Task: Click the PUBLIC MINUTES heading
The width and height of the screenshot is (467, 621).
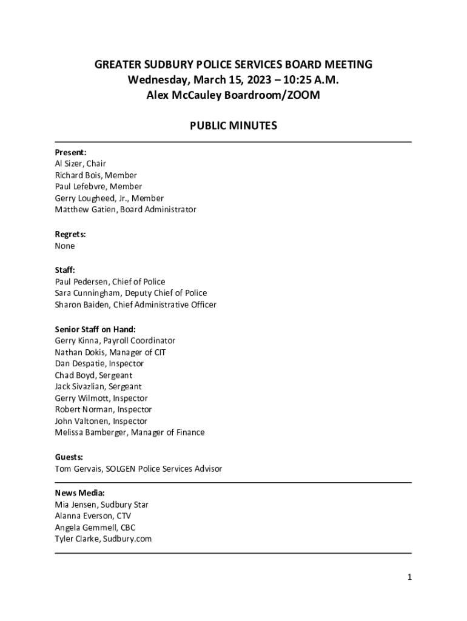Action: (233, 126)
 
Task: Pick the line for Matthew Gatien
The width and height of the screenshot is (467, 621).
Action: (126, 210)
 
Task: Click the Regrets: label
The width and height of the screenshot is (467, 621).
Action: (70, 234)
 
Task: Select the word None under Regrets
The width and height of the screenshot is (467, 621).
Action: (65, 246)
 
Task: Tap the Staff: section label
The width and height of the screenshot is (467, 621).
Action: (65, 270)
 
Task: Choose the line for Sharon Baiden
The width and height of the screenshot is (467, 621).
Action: (135, 305)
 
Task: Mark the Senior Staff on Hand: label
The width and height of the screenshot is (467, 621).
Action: (95, 329)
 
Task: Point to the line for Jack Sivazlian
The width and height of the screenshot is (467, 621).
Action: (98, 387)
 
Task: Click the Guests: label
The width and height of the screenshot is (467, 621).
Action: (69, 457)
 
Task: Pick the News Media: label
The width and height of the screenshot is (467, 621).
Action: (80, 493)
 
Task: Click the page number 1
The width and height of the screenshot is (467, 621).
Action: (409, 577)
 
